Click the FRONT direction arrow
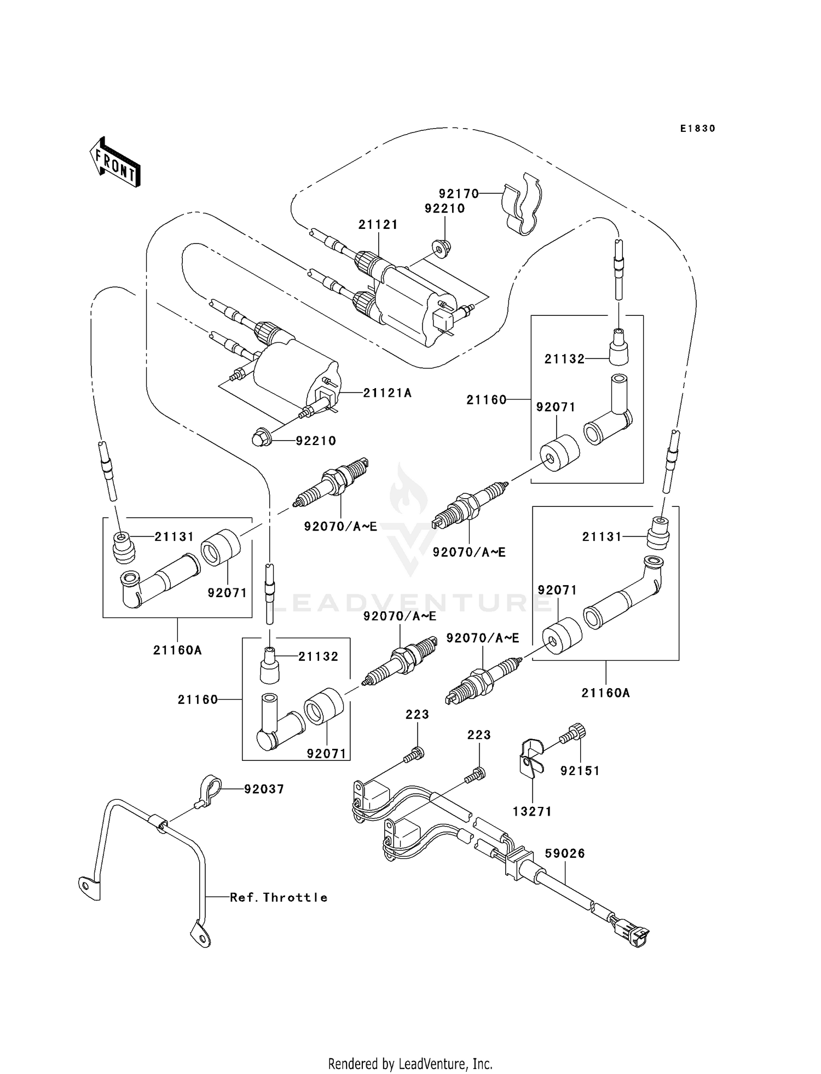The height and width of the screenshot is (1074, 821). [115, 163]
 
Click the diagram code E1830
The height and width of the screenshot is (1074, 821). [697, 129]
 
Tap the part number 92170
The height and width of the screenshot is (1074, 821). [458, 193]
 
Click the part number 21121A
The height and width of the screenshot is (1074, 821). [387, 392]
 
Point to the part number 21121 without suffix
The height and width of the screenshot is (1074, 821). [378, 224]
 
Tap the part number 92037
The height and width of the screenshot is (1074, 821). [264, 789]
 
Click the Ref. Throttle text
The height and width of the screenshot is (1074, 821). [279, 897]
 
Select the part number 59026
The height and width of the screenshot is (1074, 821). [565, 853]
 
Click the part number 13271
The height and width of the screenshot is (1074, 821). [532, 811]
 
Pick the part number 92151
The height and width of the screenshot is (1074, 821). [580, 771]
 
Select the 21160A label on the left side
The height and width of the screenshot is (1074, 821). [177, 650]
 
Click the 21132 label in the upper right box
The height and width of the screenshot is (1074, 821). [564, 359]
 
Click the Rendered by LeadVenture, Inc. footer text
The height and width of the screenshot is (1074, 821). [410, 1064]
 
